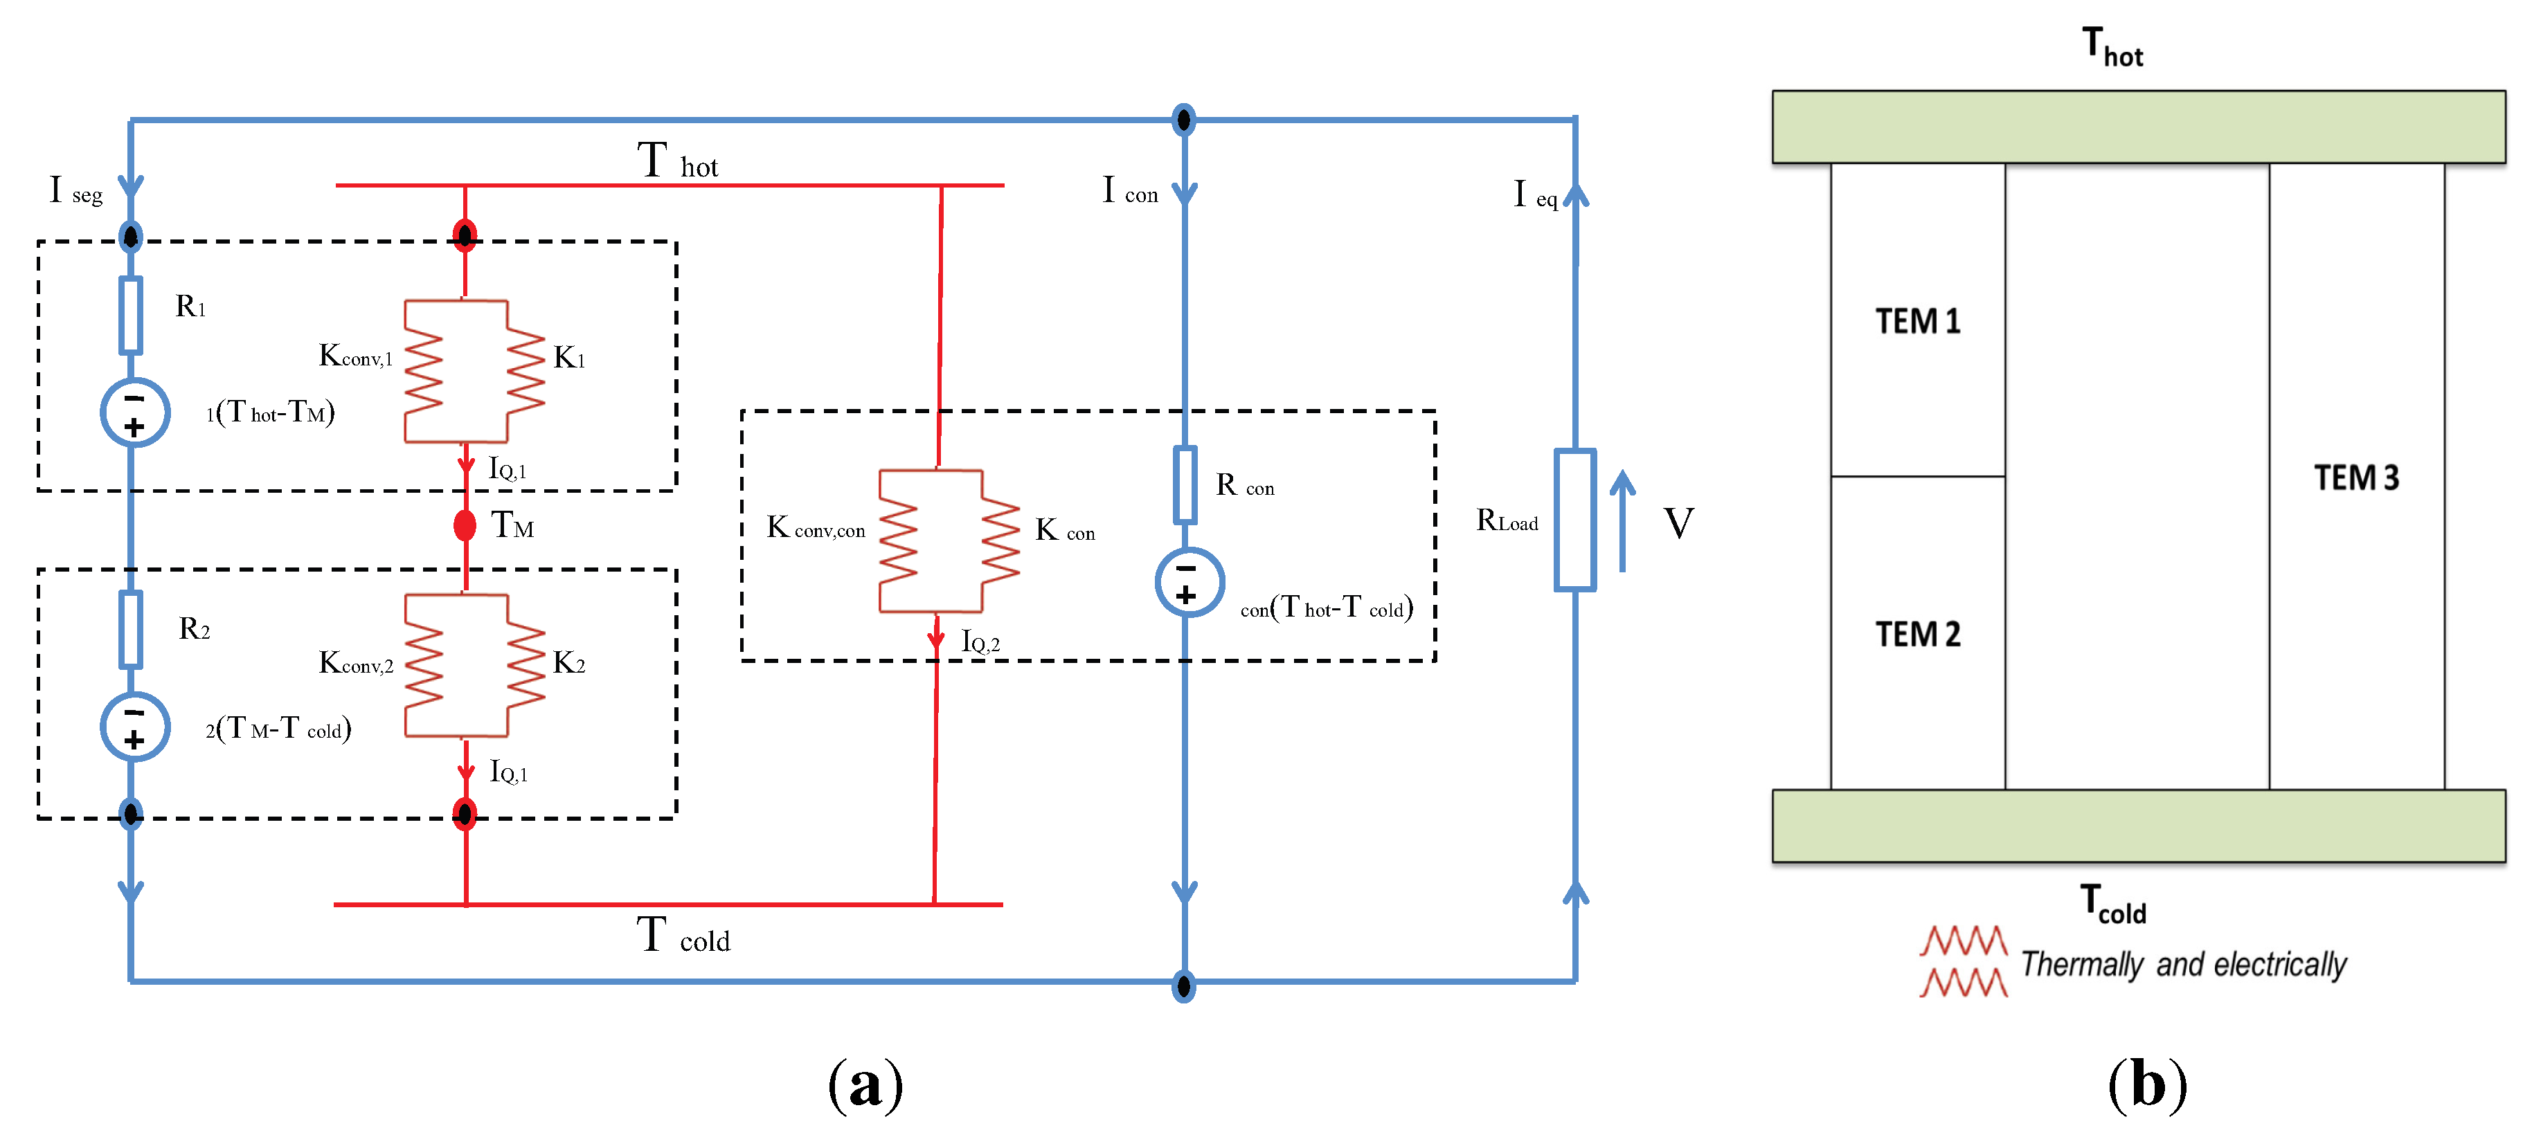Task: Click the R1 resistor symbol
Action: click(x=131, y=316)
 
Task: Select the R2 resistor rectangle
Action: click(x=131, y=629)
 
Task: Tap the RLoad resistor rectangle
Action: click(x=1574, y=520)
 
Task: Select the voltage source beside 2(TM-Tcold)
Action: click(x=134, y=727)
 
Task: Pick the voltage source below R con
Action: click(x=1189, y=583)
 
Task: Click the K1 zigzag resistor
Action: click(x=526, y=372)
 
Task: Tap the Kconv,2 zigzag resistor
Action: click(x=424, y=666)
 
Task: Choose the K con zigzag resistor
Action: click(x=1000, y=540)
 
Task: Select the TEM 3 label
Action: click(x=2356, y=477)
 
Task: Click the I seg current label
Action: click(x=75, y=190)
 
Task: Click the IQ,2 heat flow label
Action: click(x=980, y=643)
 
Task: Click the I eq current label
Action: click(x=1534, y=194)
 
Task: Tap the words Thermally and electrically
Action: click(x=2183, y=964)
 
